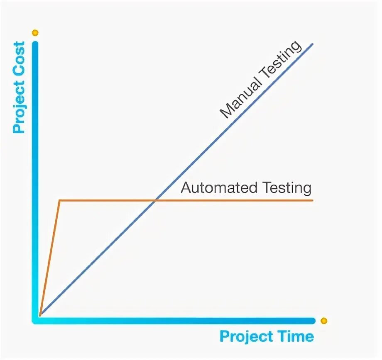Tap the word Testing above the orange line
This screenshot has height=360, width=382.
click(286, 188)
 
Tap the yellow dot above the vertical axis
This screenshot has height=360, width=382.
click(35, 32)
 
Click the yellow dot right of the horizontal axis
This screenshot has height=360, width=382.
click(324, 321)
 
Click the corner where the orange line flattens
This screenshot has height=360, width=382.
click(60, 201)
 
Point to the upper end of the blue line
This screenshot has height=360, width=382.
click(312, 44)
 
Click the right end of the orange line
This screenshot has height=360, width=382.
click(312, 201)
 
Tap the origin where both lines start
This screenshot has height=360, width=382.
click(40, 315)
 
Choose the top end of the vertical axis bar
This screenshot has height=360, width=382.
click(35, 43)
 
